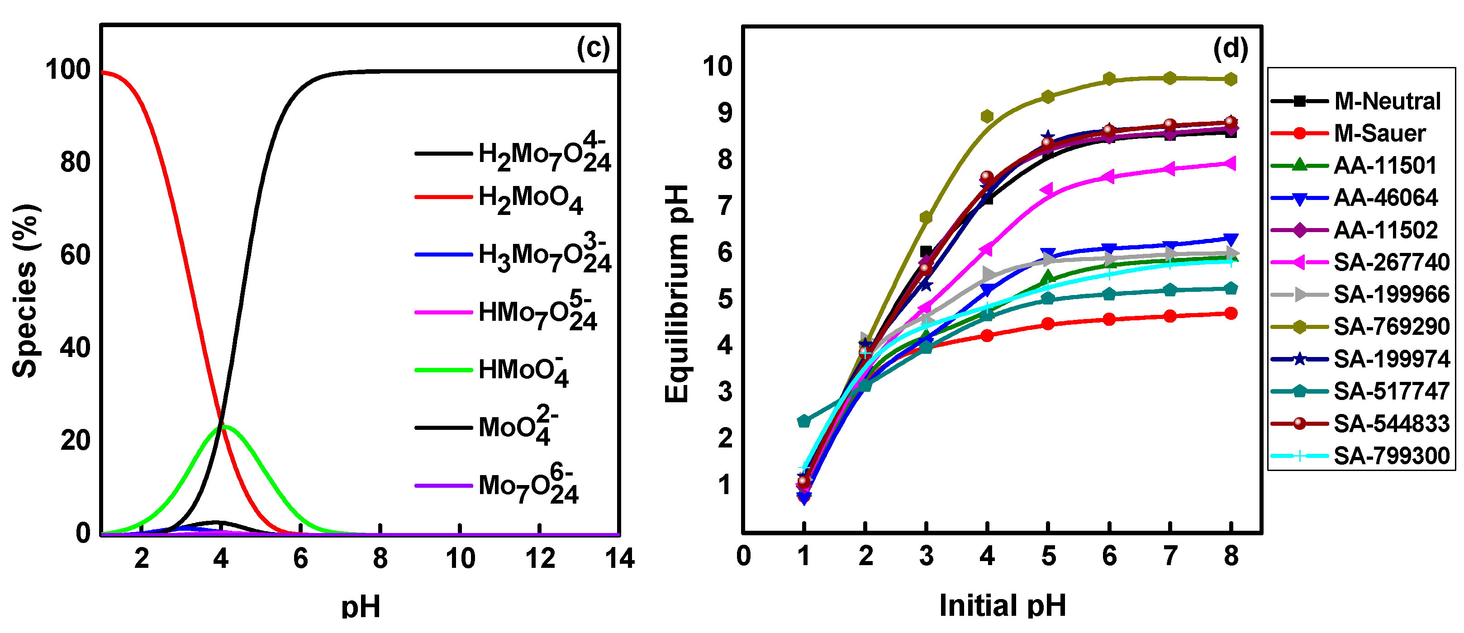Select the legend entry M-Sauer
(x=1379, y=133)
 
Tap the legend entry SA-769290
(x=1391, y=327)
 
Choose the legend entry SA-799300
(x=1391, y=456)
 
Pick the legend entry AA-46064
(x=1386, y=198)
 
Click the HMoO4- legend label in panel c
(x=523, y=371)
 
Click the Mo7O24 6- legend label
(x=528, y=486)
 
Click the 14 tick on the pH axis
(x=619, y=559)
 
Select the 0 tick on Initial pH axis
(x=743, y=556)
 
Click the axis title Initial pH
(x=1002, y=604)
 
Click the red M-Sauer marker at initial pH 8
(x=1231, y=314)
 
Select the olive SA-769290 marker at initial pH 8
(x=1231, y=80)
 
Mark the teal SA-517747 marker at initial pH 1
(x=803, y=421)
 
